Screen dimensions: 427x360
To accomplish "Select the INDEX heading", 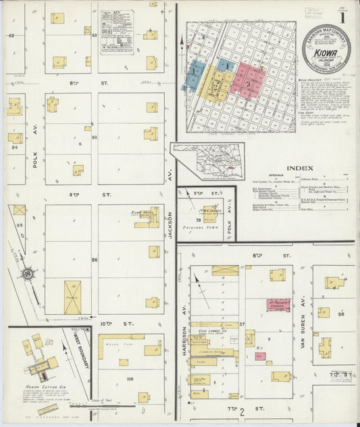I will [x=299, y=168].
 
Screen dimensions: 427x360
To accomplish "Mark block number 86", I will [x=95, y=259].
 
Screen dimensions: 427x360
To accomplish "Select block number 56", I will [x=341, y=314].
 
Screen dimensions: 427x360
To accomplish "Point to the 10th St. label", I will [x=106, y=324].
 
